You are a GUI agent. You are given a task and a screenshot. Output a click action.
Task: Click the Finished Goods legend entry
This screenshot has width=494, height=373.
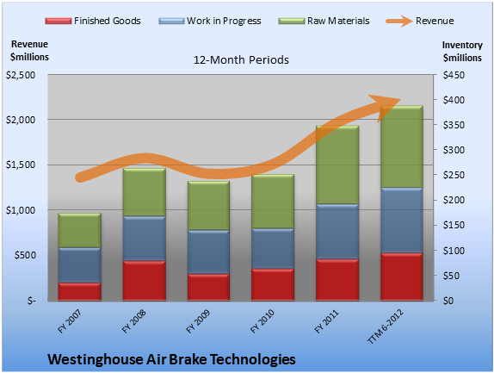tap(93, 21)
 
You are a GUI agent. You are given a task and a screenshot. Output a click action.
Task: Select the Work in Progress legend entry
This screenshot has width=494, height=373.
tap(210, 21)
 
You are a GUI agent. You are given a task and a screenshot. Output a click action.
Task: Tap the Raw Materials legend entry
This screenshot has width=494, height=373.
tap(324, 21)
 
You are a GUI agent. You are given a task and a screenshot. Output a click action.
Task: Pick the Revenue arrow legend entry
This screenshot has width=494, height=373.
tap(420, 21)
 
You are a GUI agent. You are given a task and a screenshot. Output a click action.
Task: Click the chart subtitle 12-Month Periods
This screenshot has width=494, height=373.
tap(241, 60)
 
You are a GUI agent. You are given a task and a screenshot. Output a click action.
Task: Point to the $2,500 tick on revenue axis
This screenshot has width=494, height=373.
tap(21, 75)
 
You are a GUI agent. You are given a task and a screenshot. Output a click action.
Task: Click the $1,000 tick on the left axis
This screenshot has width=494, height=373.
tap(21, 210)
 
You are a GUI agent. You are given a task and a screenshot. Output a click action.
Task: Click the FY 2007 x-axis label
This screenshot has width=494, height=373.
tap(70, 321)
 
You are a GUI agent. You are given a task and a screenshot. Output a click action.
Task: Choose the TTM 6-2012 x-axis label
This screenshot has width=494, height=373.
tap(385, 326)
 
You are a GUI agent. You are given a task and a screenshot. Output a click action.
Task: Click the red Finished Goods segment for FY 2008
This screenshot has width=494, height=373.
tap(145, 280)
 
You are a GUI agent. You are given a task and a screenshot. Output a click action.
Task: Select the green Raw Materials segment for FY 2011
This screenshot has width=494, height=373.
tap(337, 165)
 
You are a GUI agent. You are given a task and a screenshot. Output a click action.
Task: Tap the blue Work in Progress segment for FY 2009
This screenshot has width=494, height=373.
tap(208, 252)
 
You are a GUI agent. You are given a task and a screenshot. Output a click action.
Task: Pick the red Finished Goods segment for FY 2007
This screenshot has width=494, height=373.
tap(80, 291)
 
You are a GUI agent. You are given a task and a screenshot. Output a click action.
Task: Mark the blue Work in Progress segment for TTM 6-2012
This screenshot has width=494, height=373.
tap(402, 221)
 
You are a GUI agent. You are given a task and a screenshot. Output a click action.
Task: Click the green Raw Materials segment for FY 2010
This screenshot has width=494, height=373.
tap(273, 202)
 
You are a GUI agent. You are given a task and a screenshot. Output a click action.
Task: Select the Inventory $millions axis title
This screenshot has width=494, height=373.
tap(462, 52)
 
